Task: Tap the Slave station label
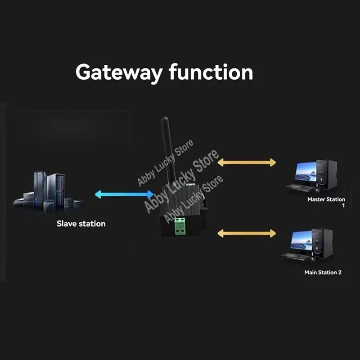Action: point(81,224)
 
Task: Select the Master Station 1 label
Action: point(326,199)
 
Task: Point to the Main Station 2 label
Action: point(323,272)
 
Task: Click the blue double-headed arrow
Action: point(124,194)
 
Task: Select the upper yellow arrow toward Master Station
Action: point(247,162)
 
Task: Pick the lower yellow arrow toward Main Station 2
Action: point(247,233)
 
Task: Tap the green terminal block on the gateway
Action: point(181,226)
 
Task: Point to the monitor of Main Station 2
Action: point(301,242)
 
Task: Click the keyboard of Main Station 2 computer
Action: point(295,256)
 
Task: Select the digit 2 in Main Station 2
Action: point(339,272)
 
